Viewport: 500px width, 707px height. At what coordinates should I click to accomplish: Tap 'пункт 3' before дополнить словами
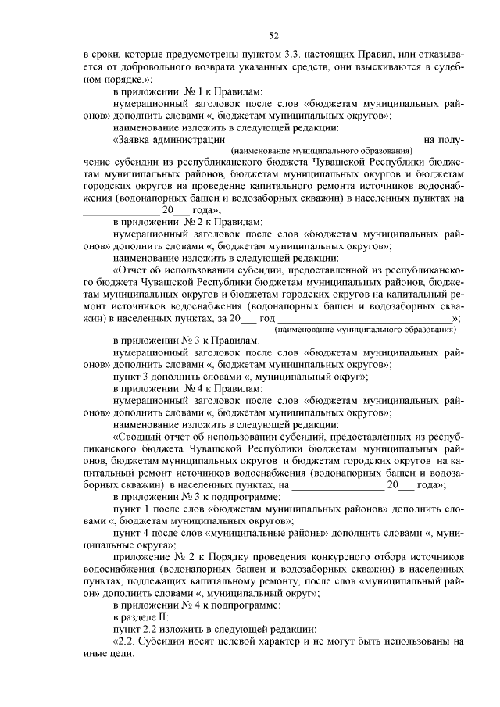click(130, 376)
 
